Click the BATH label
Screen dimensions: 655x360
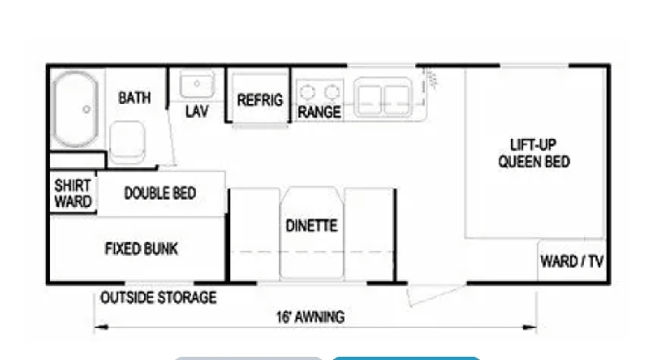coord(134,97)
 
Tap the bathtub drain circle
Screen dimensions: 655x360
coord(87,110)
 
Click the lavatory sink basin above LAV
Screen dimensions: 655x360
coord(197,84)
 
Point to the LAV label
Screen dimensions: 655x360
coord(196,111)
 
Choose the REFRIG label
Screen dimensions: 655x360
coord(260,101)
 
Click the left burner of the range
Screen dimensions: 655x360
coord(308,92)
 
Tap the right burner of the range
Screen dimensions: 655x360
coord(332,92)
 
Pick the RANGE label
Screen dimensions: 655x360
coord(319,112)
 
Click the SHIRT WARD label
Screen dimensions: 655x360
coord(73,193)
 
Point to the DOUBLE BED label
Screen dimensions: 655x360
coord(160,193)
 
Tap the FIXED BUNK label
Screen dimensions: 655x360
coord(141,249)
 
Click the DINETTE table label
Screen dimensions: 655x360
coord(312,226)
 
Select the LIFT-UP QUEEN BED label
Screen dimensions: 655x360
coord(534,153)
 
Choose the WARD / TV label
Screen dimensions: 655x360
coord(571,262)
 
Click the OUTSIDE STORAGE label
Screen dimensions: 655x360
coord(158,298)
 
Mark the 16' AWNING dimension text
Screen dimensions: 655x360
coord(310,317)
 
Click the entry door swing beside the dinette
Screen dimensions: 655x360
coord(436,295)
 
